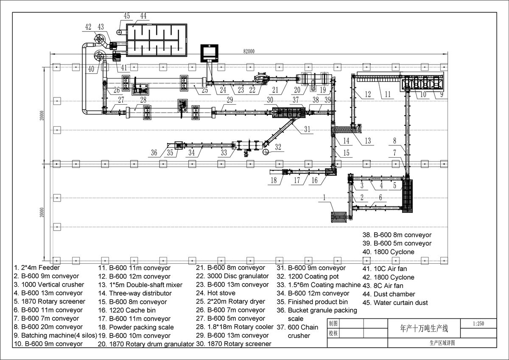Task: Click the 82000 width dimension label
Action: coord(249,51)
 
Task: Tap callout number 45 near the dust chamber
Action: coord(126,16)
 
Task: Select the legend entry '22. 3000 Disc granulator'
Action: coord(232,276)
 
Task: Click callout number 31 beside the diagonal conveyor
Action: coord(307,129)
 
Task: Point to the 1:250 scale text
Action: coord(478,324)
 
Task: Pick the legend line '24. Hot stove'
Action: coord(215,293)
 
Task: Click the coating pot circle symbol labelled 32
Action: coord(266,152)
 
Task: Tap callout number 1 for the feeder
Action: coord(324,198)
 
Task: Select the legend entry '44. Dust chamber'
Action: coord(389,294)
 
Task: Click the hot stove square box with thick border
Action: coord(209,53)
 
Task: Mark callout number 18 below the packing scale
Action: coord(274,180)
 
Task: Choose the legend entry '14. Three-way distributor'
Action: coord(135,293)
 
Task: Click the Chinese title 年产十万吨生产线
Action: coord(424,329)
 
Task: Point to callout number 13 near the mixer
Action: coord(368,141)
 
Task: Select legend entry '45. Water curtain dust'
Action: coord(395,302)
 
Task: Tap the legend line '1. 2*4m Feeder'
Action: coord(36,268)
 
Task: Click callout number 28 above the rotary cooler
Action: coord(143,100)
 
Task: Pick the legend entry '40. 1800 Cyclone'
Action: coord(389,252)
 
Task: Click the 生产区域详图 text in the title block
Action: coord(442,343)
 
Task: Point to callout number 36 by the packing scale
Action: coord(154,153)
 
